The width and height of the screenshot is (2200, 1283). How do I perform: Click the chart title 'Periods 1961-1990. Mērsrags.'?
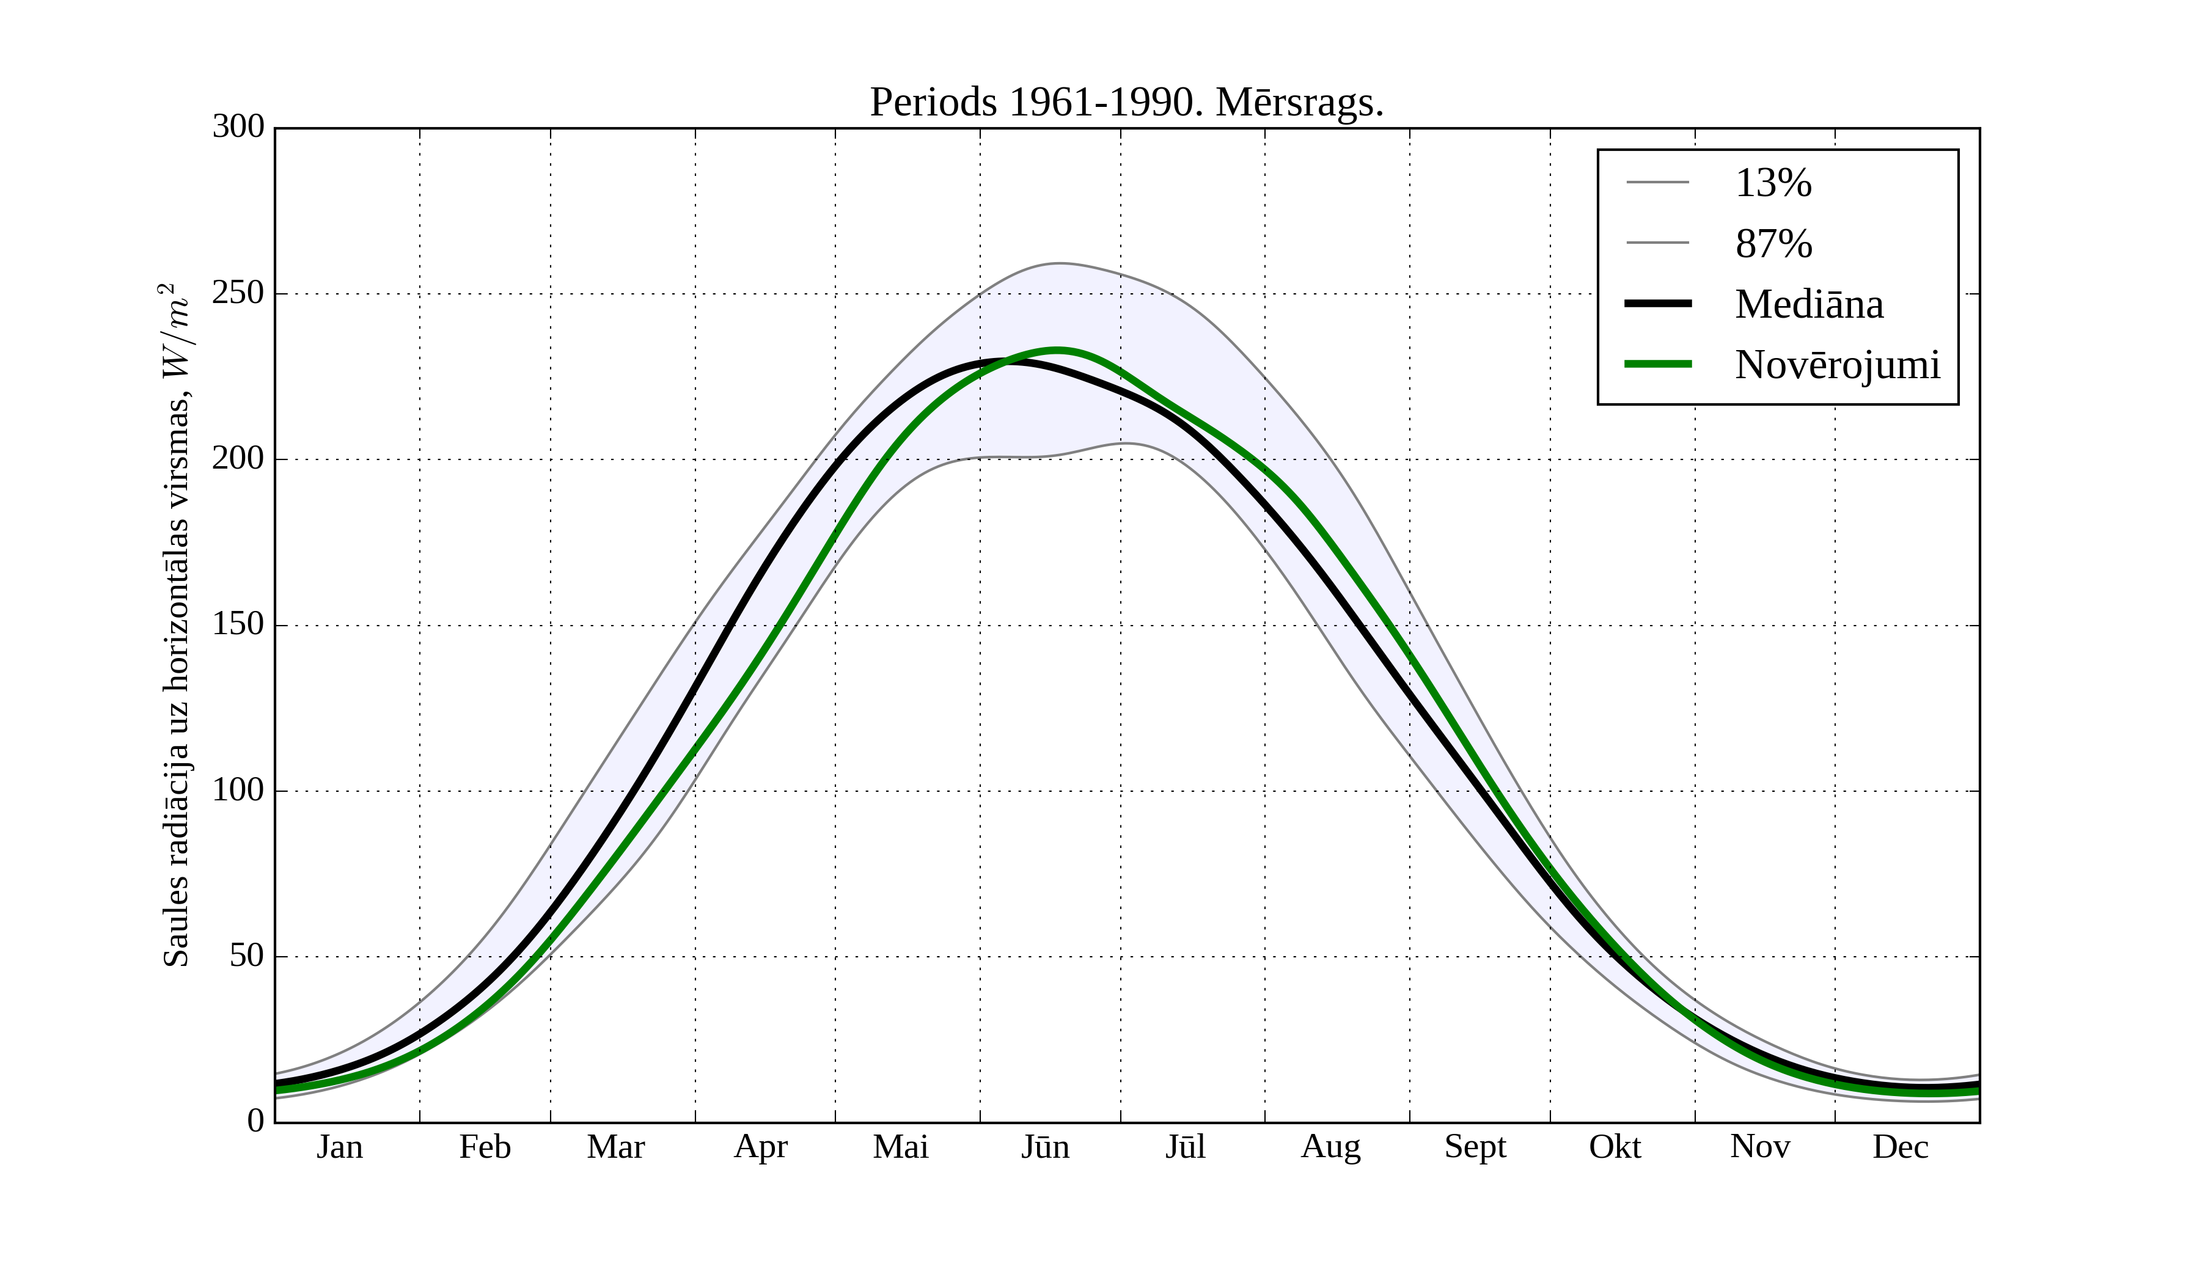[x=1126, y=103]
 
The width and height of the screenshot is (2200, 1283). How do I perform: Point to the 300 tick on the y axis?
[x=238, y=128]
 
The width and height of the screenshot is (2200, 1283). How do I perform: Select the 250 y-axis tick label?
[x=238, y=293]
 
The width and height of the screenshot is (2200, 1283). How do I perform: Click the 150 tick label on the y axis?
[x=238, y=625]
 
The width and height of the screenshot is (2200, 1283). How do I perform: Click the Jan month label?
[x=340, y=1147]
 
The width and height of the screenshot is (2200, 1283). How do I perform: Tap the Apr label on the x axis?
[x=760, y=1147]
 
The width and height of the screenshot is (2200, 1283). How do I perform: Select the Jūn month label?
[x=1045, y=1147]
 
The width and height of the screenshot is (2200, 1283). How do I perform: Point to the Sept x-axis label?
[x=1475, y=1147]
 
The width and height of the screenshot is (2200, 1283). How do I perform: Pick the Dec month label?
[x=1901, y=1147]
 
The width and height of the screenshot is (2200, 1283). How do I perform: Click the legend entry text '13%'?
[x=1773, y=183]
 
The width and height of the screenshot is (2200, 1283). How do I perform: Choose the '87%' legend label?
[x=1773, y=244]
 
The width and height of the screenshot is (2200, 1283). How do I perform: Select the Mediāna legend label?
[x=1809, y=305]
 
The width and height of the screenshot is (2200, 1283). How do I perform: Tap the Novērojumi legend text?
[x=1838, y=365]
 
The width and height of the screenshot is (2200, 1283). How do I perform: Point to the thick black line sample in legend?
[x=1658, y=304]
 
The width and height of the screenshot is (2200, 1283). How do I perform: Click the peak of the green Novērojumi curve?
[x=1057, y=350]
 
